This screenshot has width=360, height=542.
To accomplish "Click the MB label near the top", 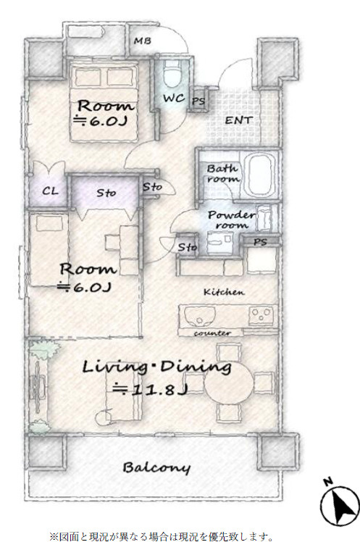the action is point(143,41).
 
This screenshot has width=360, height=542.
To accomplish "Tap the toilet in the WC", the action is point(172,74).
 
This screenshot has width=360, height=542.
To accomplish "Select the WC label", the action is point(174,98).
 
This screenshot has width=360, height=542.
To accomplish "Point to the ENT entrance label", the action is point(239,120).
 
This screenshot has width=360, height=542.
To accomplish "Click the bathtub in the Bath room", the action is point(259,175).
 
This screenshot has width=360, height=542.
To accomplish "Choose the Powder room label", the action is point(232,220).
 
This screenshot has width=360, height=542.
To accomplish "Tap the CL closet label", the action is point(50,191).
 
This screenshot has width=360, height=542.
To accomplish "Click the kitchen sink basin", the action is point(200,317).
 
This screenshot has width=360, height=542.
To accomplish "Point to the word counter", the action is point(212,333).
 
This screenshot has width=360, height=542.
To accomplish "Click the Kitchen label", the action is point(224,292).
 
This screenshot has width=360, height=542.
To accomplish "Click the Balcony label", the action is point(156,467).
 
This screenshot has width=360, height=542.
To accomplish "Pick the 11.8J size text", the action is point(150,390).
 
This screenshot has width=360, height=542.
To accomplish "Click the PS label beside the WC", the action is point(198,101).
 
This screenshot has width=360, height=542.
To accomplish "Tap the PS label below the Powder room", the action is point(260,241).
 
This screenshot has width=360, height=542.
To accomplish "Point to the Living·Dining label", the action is point(156,368).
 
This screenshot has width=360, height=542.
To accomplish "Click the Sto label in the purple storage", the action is point(106,192).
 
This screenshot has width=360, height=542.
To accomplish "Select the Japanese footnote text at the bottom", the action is point(162,537).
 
